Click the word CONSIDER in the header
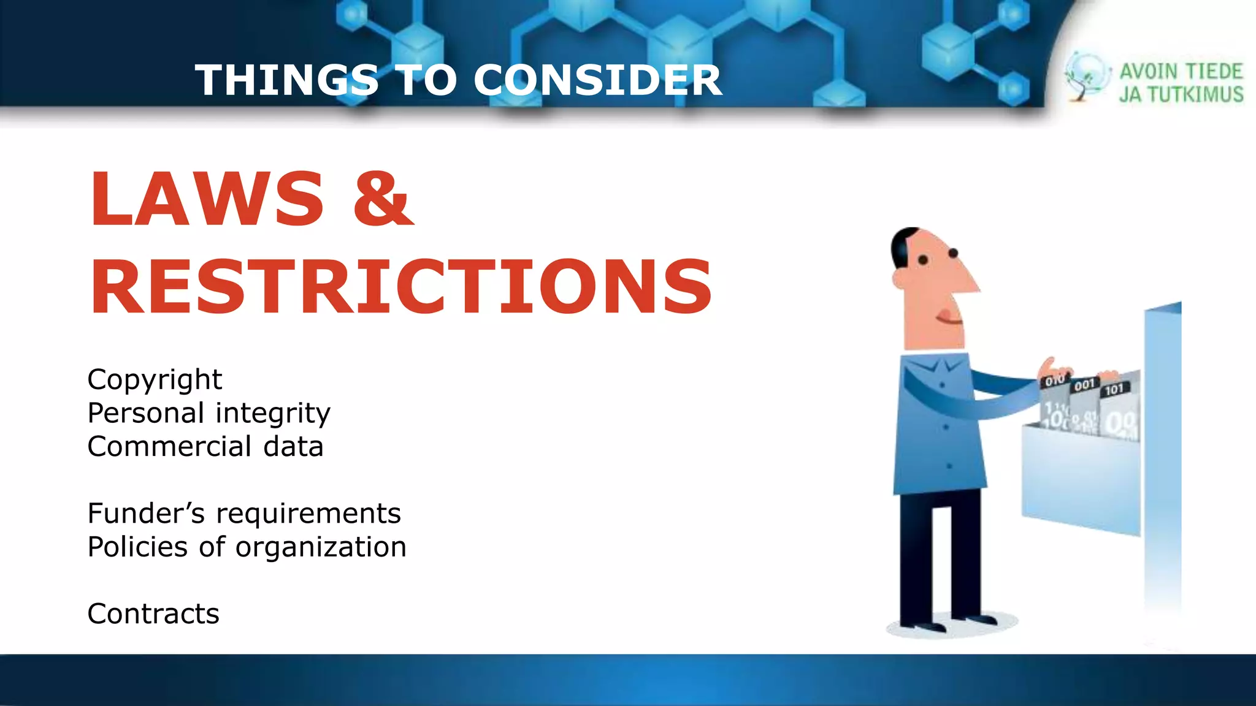pos(598,80)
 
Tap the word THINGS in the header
pos(287,80)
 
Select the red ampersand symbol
pos(383,199)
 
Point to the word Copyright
pos(155,380)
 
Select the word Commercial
pos(169,447)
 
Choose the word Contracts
pos(153,614)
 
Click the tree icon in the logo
pos(1086,76)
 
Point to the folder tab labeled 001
pos(1084,385)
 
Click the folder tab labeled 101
pos(1114,389)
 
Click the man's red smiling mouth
pos(947,317)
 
